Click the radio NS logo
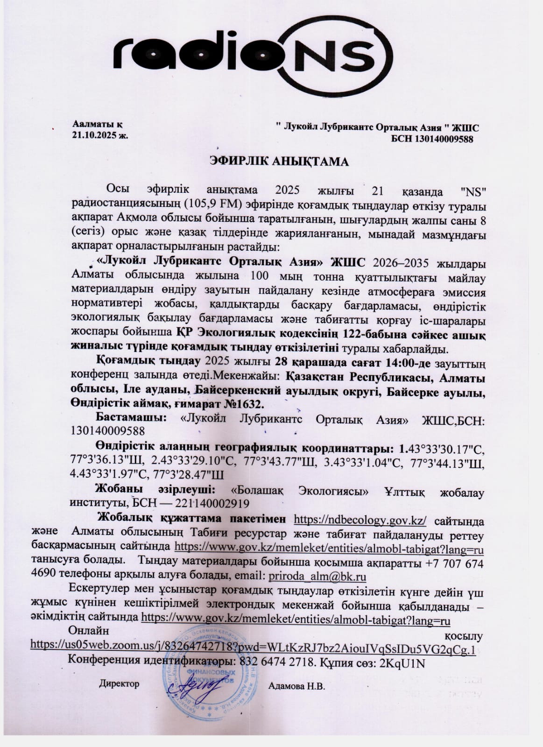pyautogui.click(x=254, y=54)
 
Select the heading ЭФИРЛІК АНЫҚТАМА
pyautogui.click(x=279, y=162)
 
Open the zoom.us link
pyautogui.click(x=253, y=650)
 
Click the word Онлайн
pyautogui.click(x=89, y=631)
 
